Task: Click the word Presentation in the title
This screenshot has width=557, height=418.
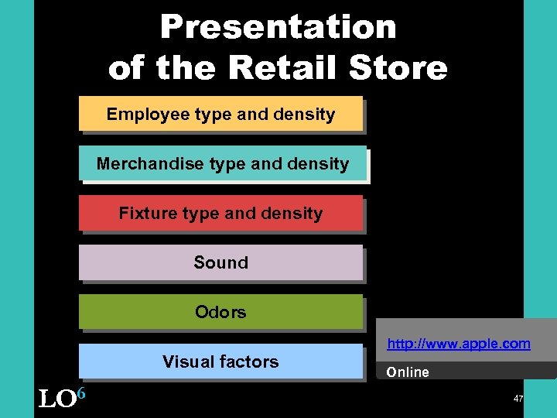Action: coord(278,27)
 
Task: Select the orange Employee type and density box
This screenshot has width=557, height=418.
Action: coord(220,114)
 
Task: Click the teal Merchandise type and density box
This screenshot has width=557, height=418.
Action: coord(222,164)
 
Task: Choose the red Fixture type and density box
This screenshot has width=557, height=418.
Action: coord(220,214)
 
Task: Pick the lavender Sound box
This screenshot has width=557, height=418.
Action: coord(220,263)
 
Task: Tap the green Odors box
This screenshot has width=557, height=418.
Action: coord(220,313)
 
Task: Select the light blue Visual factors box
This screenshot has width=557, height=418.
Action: coord(220,361)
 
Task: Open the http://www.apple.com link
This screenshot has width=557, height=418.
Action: coord(459,344)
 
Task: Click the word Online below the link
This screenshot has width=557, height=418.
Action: coord(408,372)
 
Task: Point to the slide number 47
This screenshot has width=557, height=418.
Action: coord(519,397)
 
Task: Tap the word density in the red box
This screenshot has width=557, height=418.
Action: coord(295,214)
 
